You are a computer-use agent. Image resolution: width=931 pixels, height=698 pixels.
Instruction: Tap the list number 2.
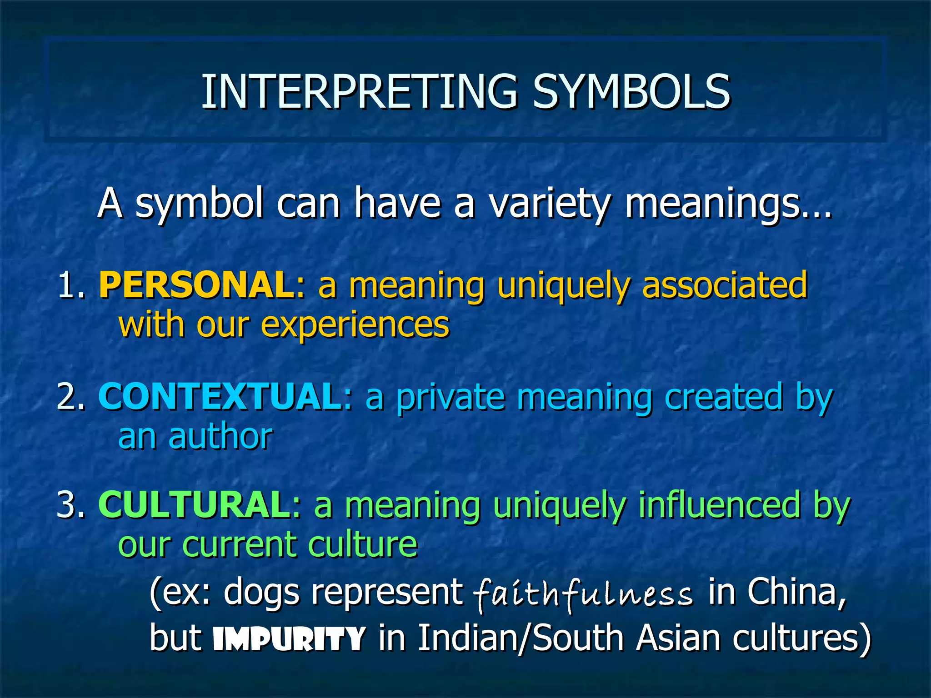(x=70, y=397)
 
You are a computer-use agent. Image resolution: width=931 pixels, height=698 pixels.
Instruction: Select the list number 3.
(x=70, y=504)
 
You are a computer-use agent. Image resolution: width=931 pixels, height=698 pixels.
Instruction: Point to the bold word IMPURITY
(x=290, y=638)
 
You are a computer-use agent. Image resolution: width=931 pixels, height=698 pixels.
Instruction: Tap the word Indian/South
(x=521, y=638)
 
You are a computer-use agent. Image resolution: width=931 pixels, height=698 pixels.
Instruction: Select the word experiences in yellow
(x=355, y=326)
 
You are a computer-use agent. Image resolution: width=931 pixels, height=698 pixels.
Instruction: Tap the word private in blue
(x=450, y=397)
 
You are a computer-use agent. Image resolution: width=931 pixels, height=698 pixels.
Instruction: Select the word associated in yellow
(x=725, y=285)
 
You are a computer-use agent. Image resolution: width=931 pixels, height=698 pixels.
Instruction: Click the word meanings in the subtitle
(x=727, y=204)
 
